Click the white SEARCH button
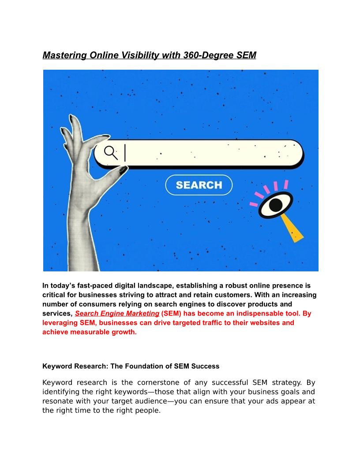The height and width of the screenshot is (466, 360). click(x=199, y=185)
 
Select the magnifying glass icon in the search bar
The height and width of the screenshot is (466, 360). click(x=111, y=153)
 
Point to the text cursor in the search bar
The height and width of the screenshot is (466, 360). click(x=125, y=153)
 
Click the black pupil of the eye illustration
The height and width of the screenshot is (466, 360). click(x=276, y=204)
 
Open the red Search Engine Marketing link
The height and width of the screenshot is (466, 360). click(x=117, y=313)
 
